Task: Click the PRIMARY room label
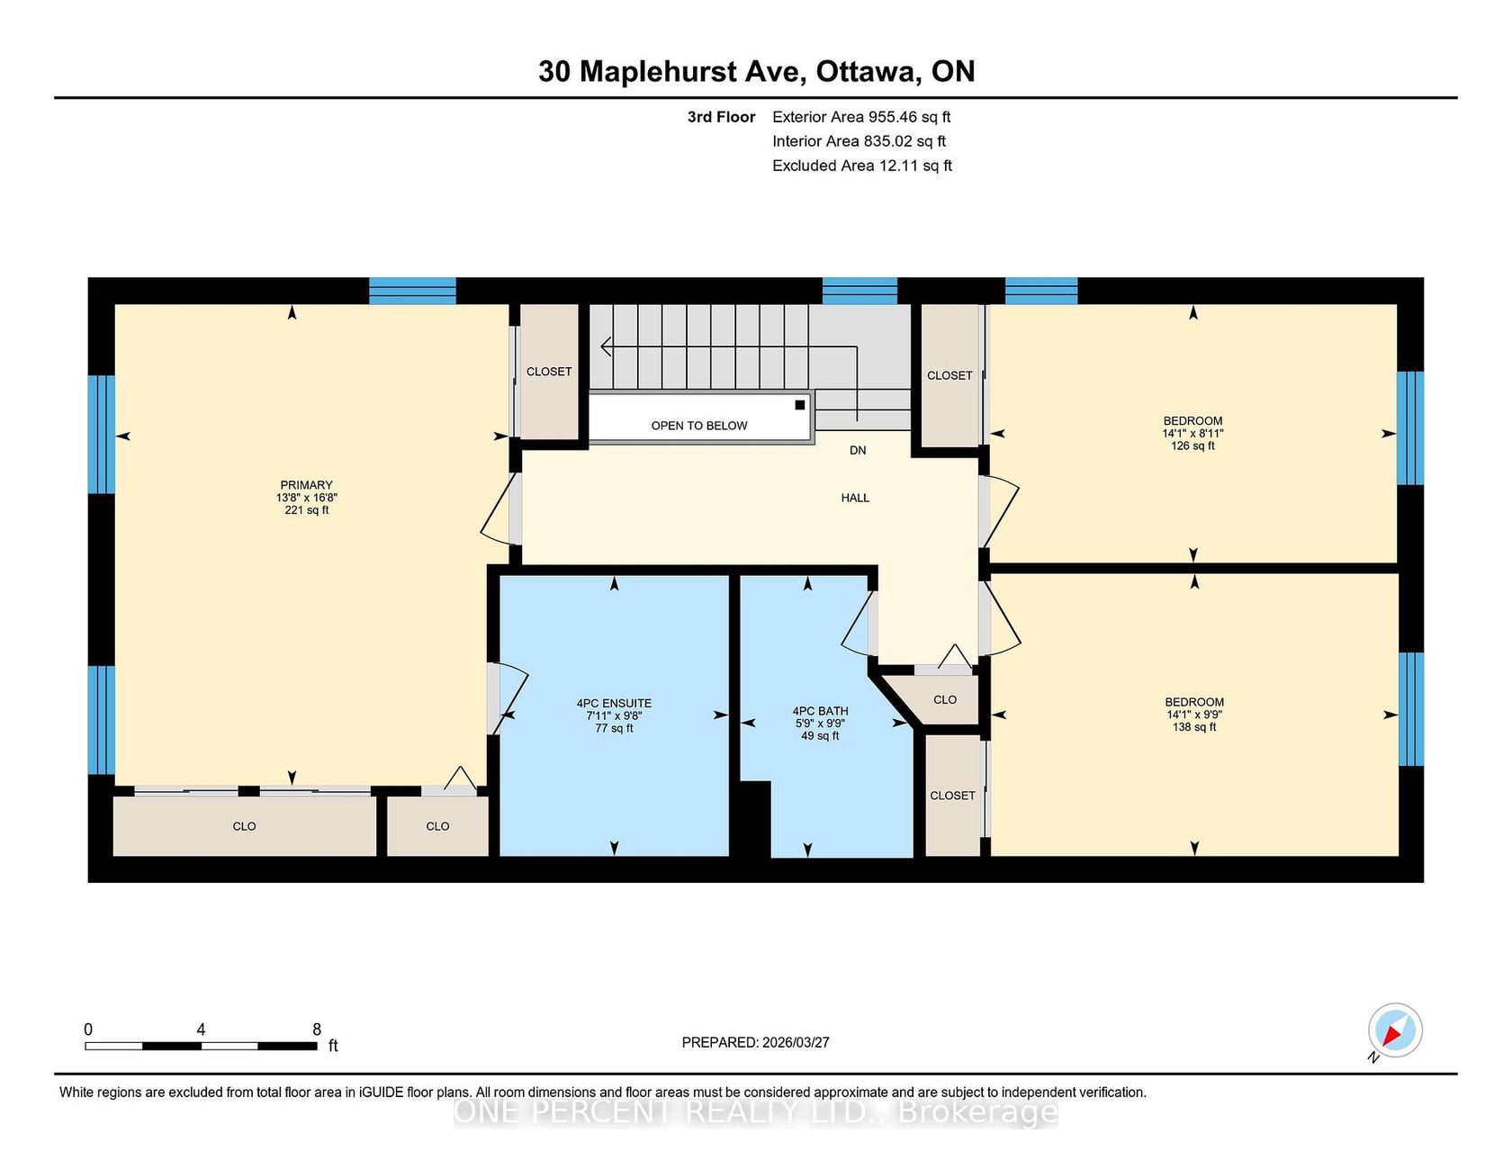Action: tap(306, 485)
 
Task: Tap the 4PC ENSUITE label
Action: tap(614, 704)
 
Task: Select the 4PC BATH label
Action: tap(820, 711)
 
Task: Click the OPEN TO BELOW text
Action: tap(699, 426)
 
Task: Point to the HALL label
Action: tap(855, 498)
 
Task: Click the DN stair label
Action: tap(858, 450)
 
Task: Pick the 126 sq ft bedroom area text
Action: tap(1192, 445)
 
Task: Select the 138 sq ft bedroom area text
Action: tap(1194, 727)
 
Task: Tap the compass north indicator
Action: tap(1394, 1031)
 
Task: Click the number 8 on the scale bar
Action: tap(317, 1030)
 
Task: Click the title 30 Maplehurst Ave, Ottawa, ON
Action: tap(756, 71)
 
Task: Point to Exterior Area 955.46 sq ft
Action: tap(861, 117)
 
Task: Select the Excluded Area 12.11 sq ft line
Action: tap(862, 166)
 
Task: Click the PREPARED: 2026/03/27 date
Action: tap(755, 1042)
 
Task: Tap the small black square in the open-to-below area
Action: tap(799, 405)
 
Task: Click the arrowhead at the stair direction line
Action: tap(606, 346)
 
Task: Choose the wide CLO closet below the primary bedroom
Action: tap(244, 826)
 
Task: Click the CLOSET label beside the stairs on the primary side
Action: tap(549, 372)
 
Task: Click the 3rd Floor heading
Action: tap(721, 117)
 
